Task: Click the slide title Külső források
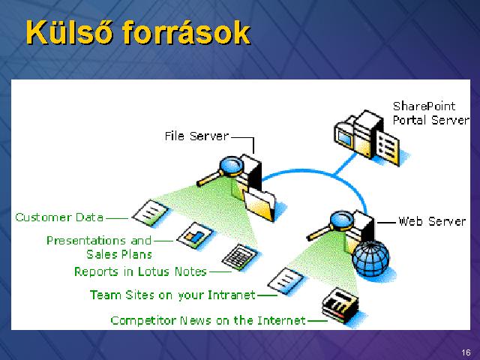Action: [138, 33]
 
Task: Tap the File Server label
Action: [196, 136]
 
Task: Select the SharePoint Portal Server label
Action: [430, 113]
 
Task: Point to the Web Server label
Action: [432, 221]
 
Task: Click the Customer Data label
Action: [59, 217]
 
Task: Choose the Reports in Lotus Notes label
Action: [140, 271]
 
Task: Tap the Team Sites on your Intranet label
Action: [172, 295]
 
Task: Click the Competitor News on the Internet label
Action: [208, 320]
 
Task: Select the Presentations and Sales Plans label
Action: [99, 247]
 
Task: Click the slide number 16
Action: [466, 352]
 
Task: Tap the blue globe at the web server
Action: [370, 258]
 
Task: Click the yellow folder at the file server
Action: [259, 205]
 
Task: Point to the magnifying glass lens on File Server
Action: [232, 166]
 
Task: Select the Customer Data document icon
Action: [150, 213]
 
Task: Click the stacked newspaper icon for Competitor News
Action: [340, 304]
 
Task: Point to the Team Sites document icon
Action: [285, 280]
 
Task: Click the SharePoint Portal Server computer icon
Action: [367, 136]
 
